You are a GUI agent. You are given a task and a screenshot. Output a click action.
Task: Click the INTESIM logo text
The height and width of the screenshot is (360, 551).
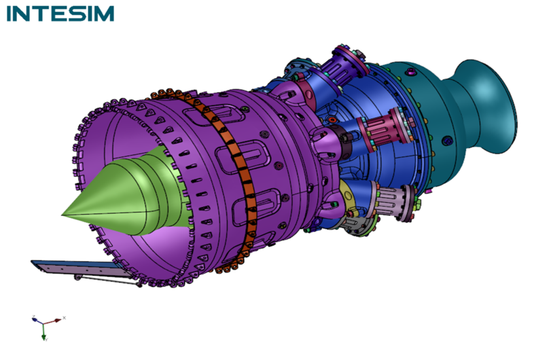pyautogui.click(x=60, y=14)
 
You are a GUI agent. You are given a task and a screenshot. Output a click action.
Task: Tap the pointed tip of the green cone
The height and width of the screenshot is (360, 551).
pyautogui.click(x=62, y=215)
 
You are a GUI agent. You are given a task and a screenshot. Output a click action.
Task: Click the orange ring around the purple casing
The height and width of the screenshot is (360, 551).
pyautogui.click(x=232, y=176)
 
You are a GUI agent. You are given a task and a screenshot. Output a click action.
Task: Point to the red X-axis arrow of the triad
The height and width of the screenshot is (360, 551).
pyautogui.click(x=53, y=321)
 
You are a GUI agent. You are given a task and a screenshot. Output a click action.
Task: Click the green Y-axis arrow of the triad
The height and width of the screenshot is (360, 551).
pyautogui.click(x=44, y=331)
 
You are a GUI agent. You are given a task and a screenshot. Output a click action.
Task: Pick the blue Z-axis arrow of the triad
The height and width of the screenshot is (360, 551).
pyautogui.click(x=37, y=321)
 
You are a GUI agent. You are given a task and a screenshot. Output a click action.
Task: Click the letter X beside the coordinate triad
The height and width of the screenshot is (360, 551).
pyautogui.click(x=64, y=318)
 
